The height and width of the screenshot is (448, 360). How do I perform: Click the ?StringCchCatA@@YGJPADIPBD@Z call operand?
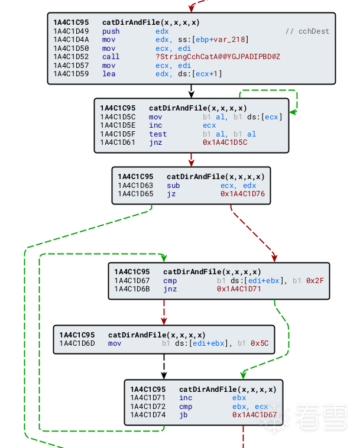click(x=218, y=57)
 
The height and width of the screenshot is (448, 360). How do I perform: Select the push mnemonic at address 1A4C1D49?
click(x=111, y=31)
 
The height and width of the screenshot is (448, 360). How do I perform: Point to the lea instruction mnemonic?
click(x=109, y=74)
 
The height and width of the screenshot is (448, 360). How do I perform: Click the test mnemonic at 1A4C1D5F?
click(x=158, y=134)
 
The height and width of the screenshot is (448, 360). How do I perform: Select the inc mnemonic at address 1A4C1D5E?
click(x=155, y=125)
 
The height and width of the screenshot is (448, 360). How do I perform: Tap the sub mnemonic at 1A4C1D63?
click(x=173, y=186)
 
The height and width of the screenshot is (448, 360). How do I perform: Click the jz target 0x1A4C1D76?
click(x=242, y=194)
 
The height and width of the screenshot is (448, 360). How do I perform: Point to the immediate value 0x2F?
click(x=315, y=280)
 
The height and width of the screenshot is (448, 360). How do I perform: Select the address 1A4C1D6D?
click(x=77, y=343)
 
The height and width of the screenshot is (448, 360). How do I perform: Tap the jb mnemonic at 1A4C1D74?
click(x=184, y=415)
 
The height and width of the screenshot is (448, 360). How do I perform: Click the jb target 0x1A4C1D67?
click(x=254, y=415)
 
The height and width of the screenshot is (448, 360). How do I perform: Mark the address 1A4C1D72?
click(x=148, y=407)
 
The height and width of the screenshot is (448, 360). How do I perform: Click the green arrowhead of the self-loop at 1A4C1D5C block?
click(x=293, y=111)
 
